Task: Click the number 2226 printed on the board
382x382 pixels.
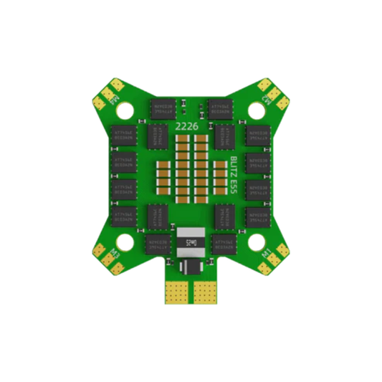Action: [x=185, y=127]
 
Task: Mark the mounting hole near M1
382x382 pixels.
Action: [x=256, y=242]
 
